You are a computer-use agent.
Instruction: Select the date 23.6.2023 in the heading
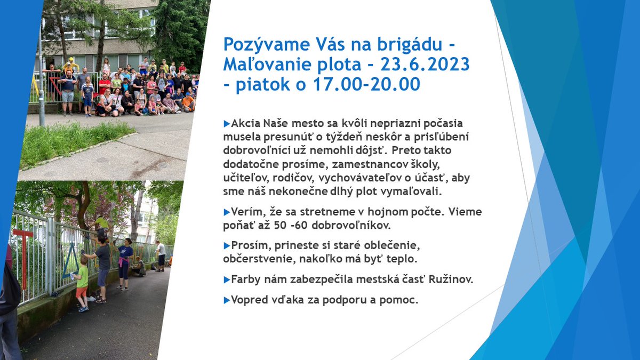[x=425, y=64]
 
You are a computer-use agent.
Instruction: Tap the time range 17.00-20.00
[x=374, y=84]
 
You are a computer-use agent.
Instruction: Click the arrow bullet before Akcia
[x=227, y=123]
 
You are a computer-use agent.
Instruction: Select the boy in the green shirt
[x=82, y=283]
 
